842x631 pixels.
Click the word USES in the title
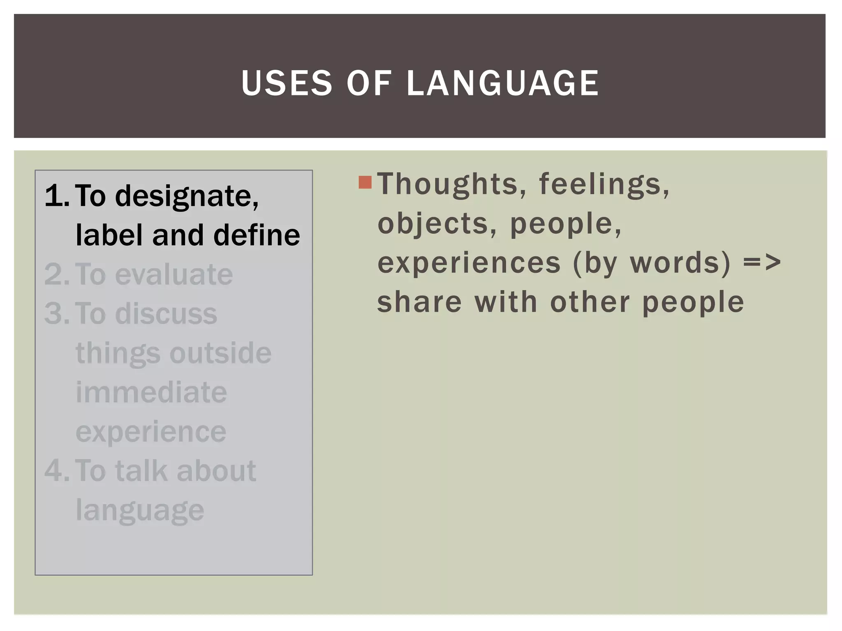[x=287, y=83]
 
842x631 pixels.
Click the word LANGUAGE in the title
[x=502, y=83]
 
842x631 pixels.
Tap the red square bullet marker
[x=365, y=182]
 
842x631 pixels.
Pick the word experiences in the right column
[x=469, y=263]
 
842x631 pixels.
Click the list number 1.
[x=56, y=196]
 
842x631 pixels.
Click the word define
[x=257, y=235]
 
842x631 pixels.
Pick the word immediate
[x=151, y=392]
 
